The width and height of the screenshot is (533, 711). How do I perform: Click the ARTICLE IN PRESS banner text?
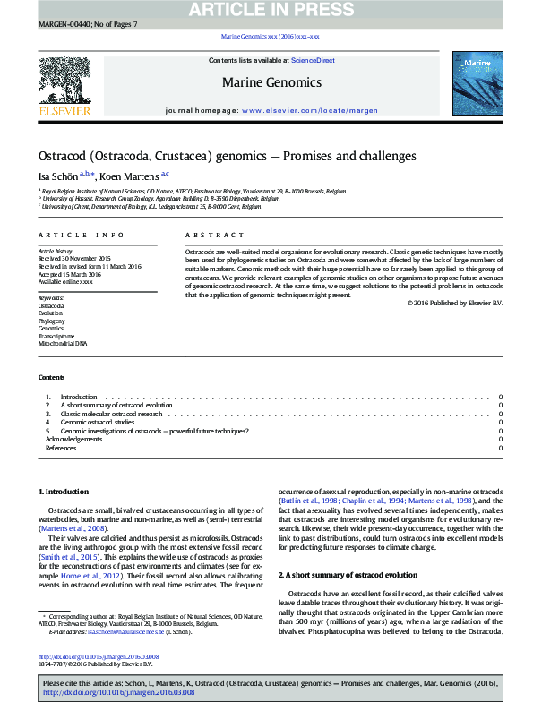point(266,9)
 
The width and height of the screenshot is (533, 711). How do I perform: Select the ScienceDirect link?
point(314,60)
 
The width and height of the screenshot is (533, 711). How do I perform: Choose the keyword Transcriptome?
point(55,336)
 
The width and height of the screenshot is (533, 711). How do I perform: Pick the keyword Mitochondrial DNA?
point(63,343)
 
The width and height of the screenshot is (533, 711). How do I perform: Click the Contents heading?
point(51,377)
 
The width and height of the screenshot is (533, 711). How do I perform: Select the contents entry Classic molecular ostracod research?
point(111,414)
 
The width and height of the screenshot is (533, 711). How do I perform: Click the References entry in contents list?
point(60,448)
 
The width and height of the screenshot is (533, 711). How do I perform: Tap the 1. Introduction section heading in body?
point(64,492)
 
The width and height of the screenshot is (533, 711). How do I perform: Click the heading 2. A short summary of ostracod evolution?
point(348,549)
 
